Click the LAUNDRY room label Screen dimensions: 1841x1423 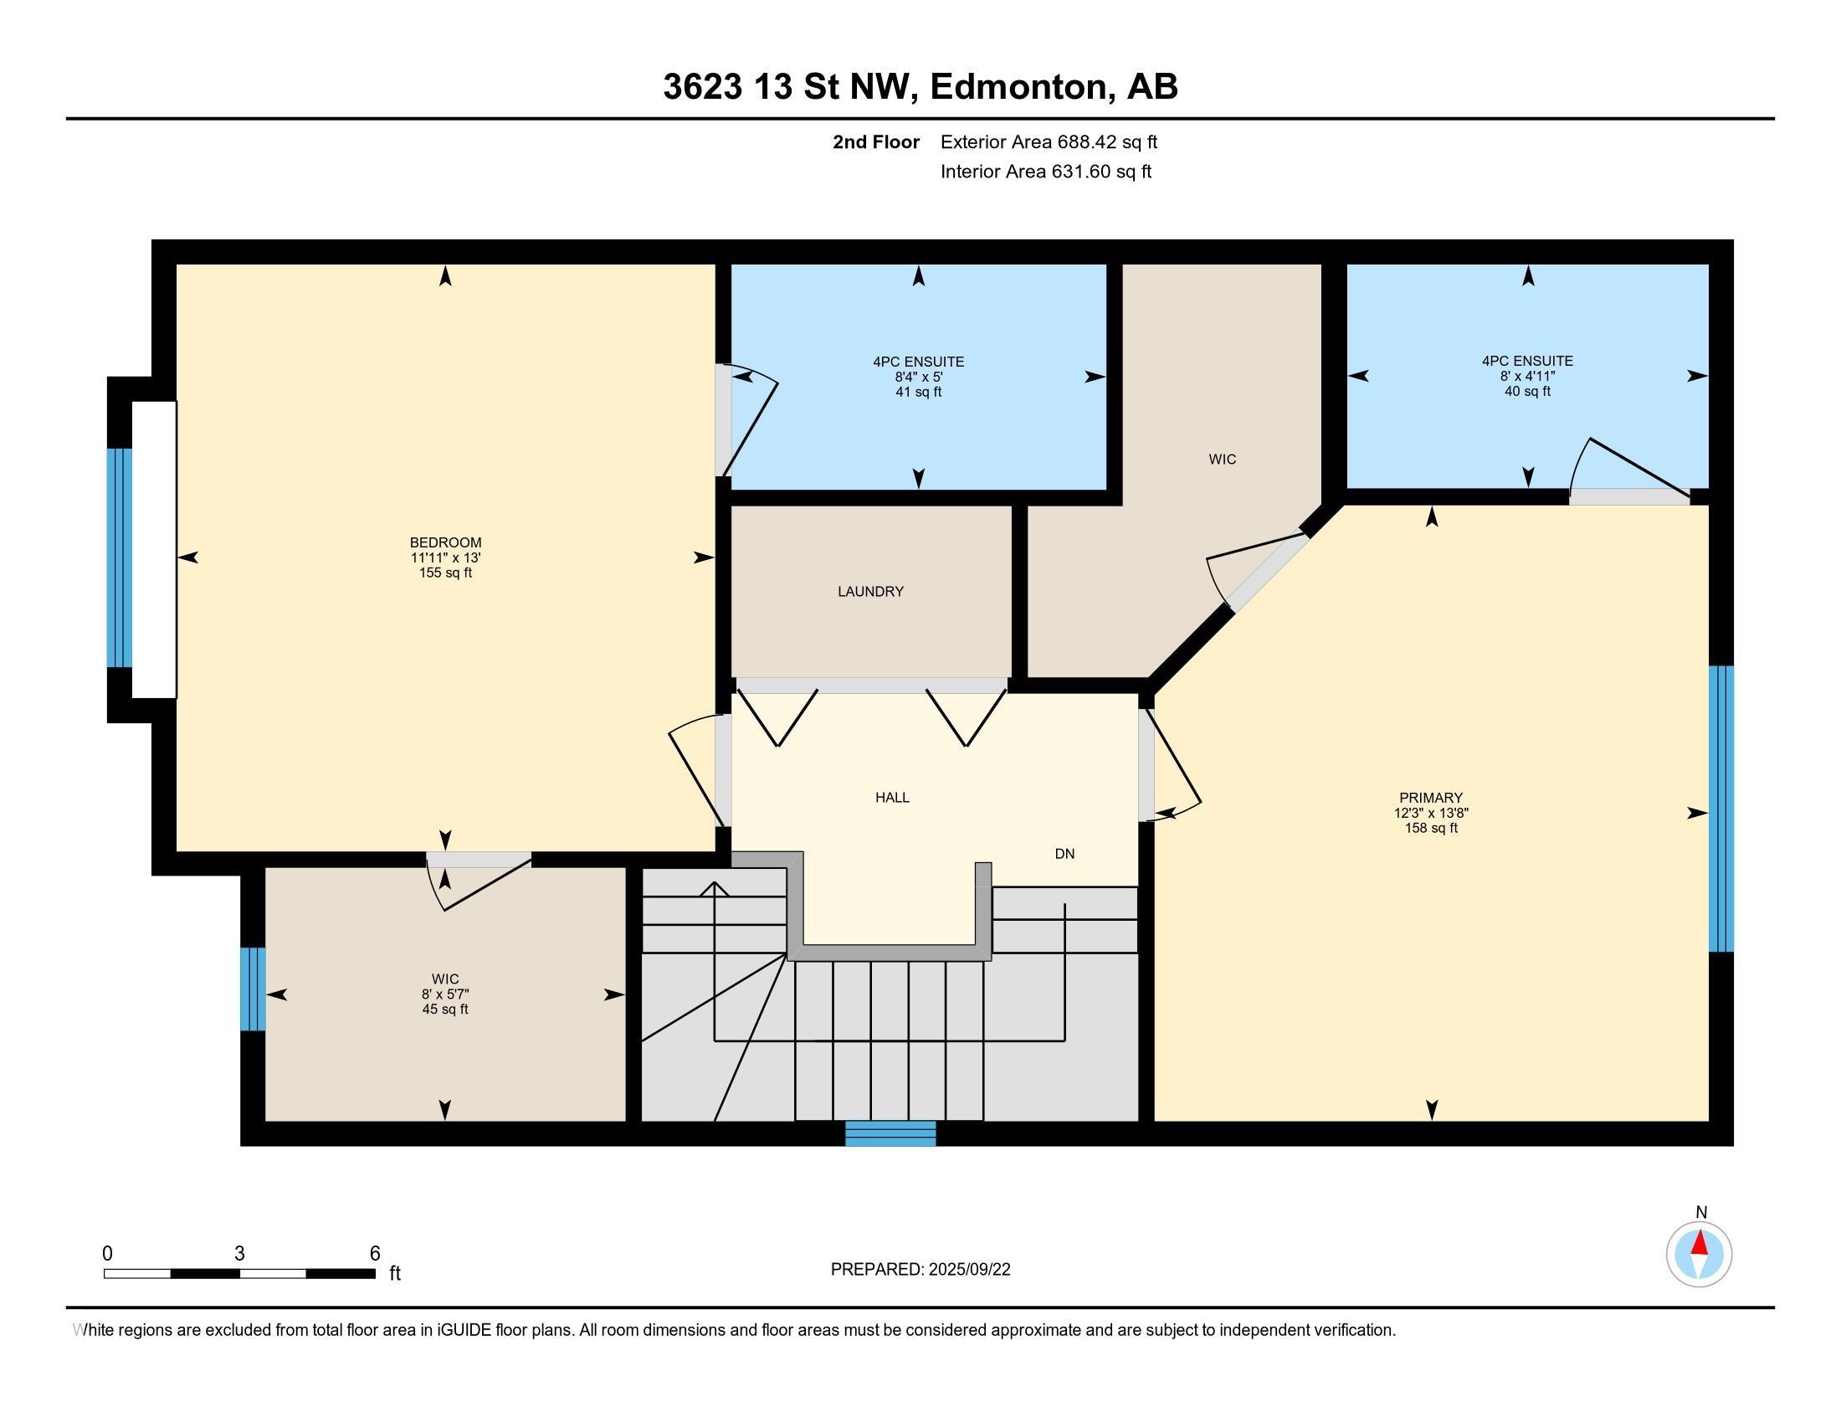pyautogui.click(x=870, y=592)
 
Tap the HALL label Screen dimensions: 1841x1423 pyautogui.click(x=892, y=798)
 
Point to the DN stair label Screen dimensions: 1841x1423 pyautogui.click(x=1064, y=854)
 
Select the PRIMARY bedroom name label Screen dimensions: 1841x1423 pyautogui.click(x=1430, y=798)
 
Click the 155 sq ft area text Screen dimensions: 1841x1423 pyautogui.click(x=445, y=573)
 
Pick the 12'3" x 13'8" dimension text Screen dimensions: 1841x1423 pyautogui.click(x=1430, y=813)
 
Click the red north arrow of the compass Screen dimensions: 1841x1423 pyautogui.click(x=1700, y=1242)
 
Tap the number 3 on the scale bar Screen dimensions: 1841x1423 pyautogui.click(x=239, y=1254)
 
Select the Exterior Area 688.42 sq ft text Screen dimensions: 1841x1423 pyautogui.click(x=1049, y=142)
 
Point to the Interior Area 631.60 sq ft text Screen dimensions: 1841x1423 pyautogui.click(x=1045, y=172)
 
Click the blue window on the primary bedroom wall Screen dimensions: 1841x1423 pyautogui.click(x=1720, y=809)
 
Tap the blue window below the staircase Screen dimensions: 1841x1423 pyautogui.click(x=890, y=1133)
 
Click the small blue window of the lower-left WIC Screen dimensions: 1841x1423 pyautogui.click(x=253, y=989)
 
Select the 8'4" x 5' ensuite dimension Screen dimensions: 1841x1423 pyautogui.click(x=918, y=378)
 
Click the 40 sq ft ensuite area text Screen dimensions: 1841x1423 pyautogui.click(x=1527, y=392)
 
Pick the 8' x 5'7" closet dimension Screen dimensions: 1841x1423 pyautogui.click(x=445, y=994)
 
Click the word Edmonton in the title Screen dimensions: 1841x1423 pyautogui.click(x=1018, y=87)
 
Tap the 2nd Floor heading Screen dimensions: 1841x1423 pyautogui.click(x=876, y=142)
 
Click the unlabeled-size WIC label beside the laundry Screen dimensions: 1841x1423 pyautogui.click(x=1223, y=460)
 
